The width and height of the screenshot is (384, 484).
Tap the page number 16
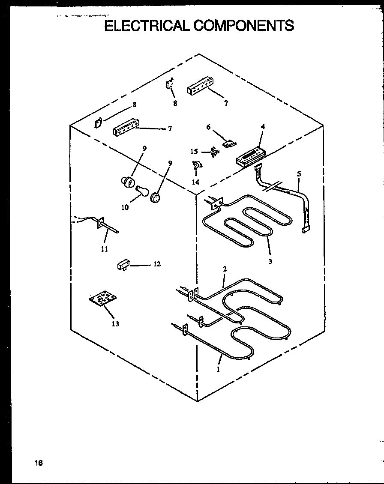[x=39, y=463]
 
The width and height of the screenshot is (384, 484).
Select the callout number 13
[x=115, y=324]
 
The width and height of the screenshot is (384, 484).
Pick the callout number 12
[x=157, y=264]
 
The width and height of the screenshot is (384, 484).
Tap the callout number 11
[x=105, y=249]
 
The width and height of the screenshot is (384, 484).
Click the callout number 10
[x=125, y=207]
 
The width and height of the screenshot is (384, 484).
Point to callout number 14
[x=195, y=182]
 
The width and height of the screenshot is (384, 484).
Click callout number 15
[x=194, y=152]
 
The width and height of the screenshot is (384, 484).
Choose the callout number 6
[x=209, y=127]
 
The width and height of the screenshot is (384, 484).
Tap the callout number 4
[x=263, y=126]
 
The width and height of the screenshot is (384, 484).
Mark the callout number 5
[x=299, y=174]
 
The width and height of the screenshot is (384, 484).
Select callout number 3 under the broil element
[x=270, y=262]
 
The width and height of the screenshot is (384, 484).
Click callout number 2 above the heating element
[x=224, y=269]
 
